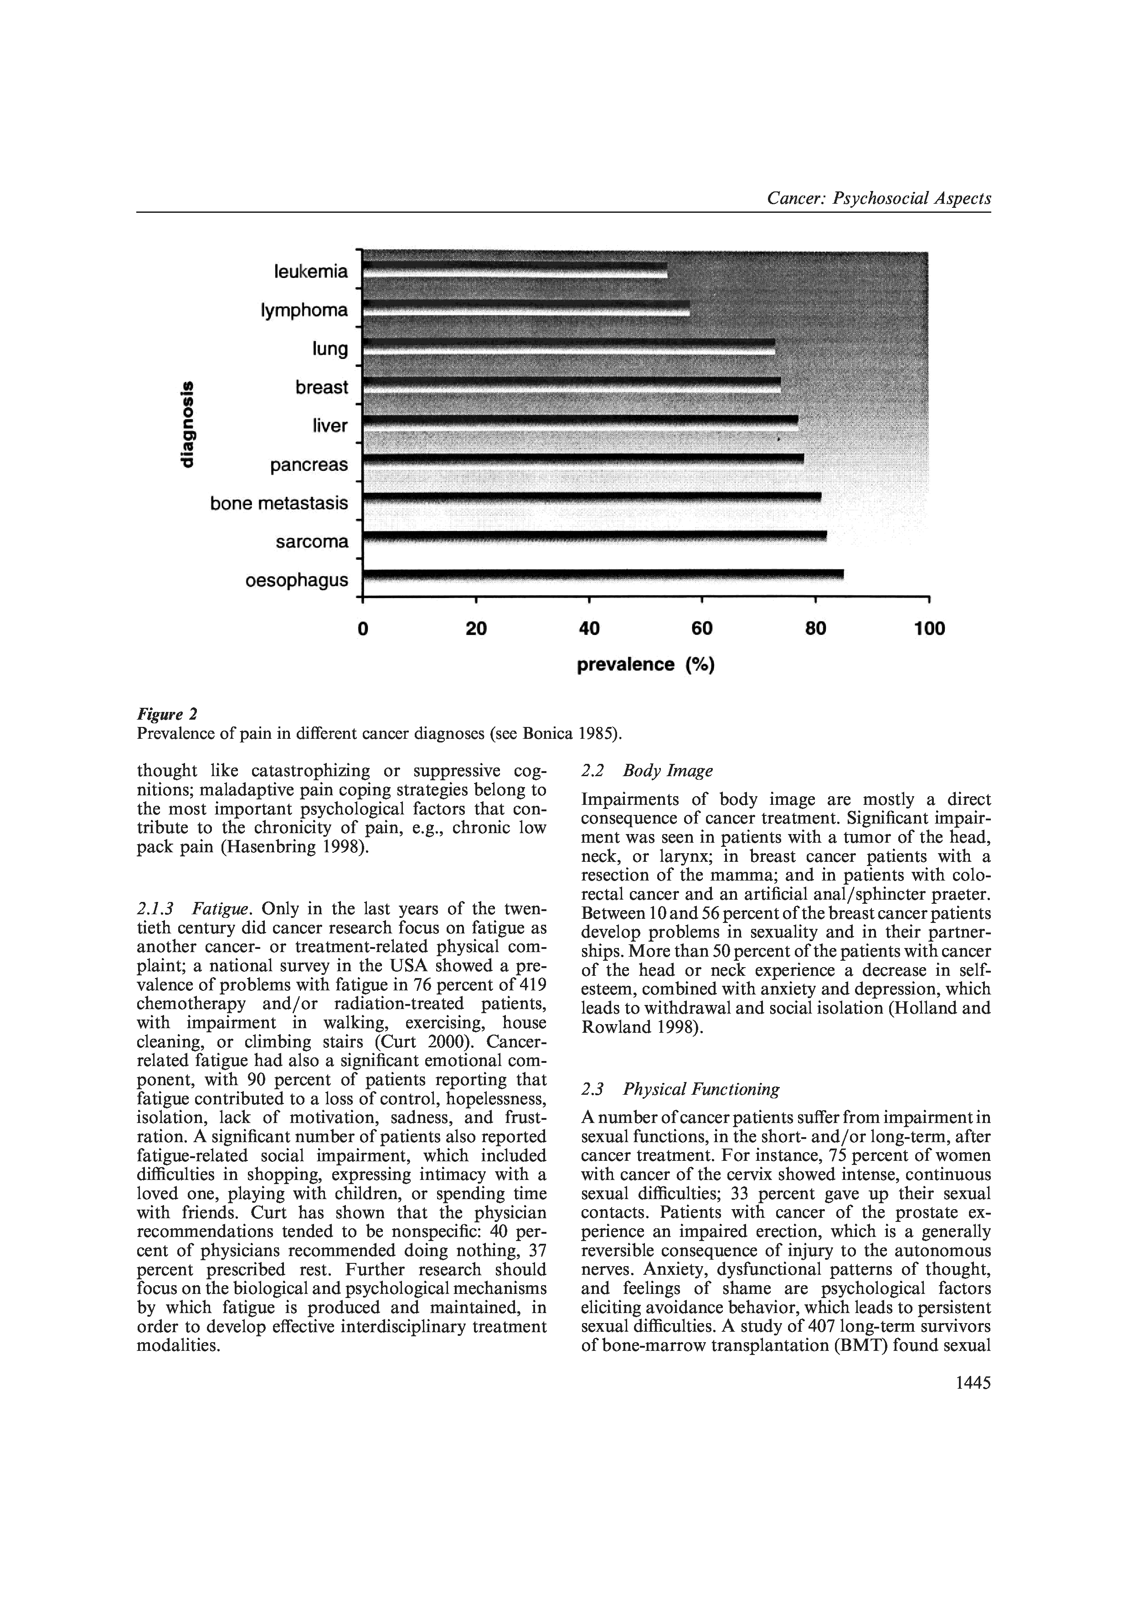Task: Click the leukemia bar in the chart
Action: coord(515,270)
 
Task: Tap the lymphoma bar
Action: coord(526,309)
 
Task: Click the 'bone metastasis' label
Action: coord(279,503)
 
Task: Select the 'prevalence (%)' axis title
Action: coord(646,665)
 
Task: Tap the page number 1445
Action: coord(973,1382)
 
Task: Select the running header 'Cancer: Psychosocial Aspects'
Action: coord(879,199)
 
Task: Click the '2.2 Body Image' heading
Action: coord(647,771)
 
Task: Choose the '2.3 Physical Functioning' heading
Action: coord(680,1089)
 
